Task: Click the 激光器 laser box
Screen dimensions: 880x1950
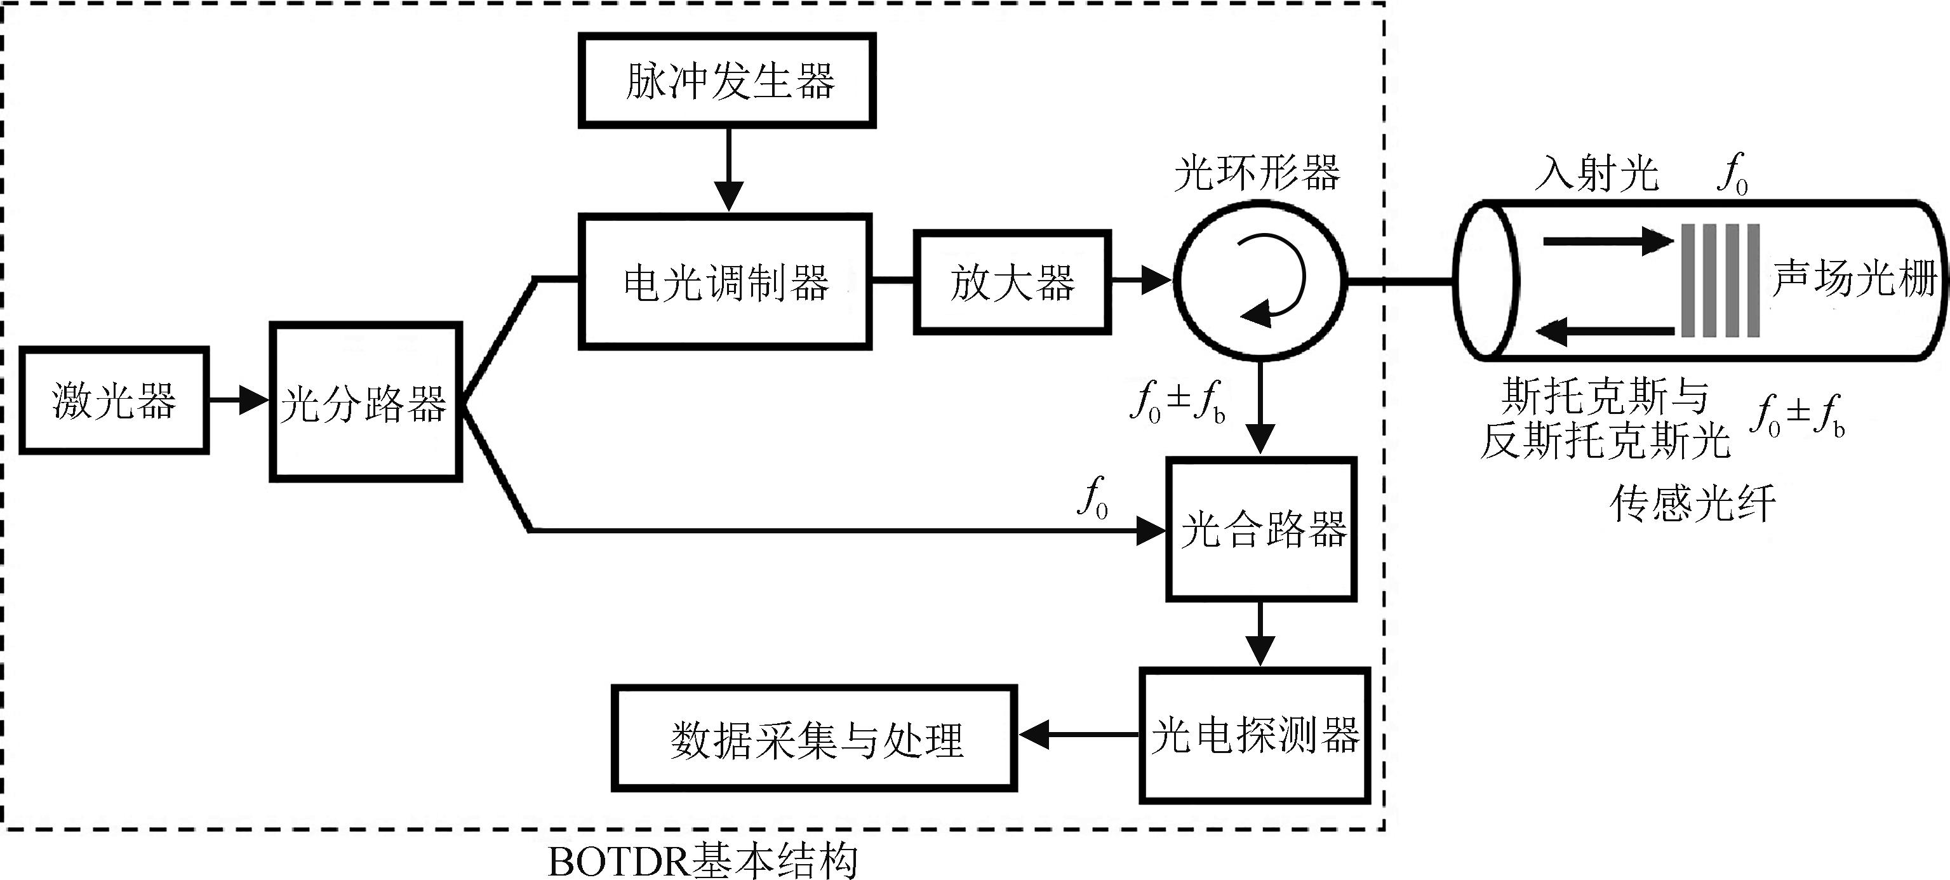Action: point(114,400)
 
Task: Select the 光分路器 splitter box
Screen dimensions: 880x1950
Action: point(366,402)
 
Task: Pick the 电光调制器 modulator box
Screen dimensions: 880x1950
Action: point(725,281)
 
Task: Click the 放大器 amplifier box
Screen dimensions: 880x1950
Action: point(1012,283)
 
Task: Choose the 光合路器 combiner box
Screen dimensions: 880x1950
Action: point(1261,529)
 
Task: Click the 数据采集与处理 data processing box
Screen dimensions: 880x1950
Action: point(815,738)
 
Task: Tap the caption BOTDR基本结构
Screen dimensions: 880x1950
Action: point(702,861)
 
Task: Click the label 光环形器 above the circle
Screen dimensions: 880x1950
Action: point(1257,173)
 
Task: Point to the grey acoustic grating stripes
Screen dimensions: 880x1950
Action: point(1720,280)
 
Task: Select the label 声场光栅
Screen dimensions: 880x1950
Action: point(1855,279)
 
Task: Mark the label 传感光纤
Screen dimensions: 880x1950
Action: point(1693,504)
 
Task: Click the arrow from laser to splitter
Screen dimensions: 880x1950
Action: point(239,399)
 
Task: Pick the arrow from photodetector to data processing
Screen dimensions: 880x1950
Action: point(1079,734)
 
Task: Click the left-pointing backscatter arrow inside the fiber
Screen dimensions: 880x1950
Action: point(1605,331)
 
